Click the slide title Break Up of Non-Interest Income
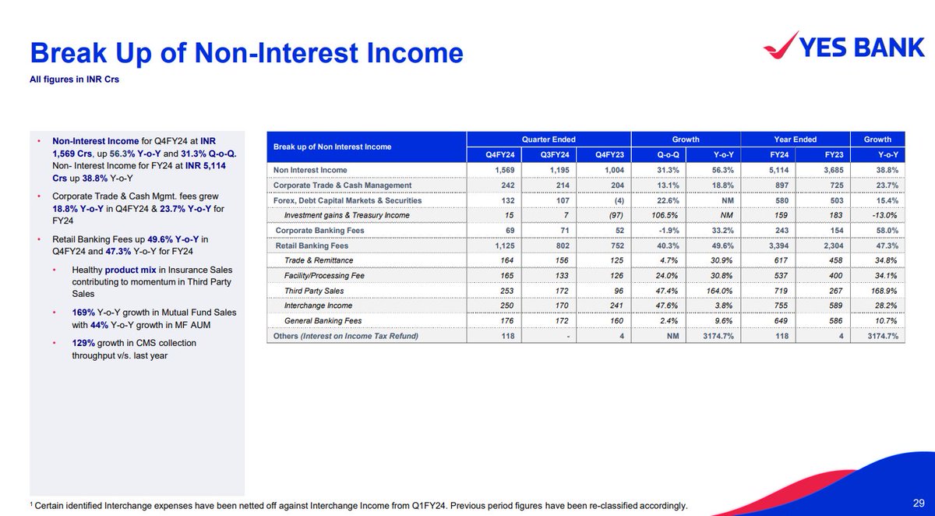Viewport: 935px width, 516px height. [x=246, y=53]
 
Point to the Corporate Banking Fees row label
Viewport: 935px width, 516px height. [x=319, y=231]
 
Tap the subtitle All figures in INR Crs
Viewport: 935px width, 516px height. [x=75, y=80]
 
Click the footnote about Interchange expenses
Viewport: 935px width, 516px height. [x=358, y=506]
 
